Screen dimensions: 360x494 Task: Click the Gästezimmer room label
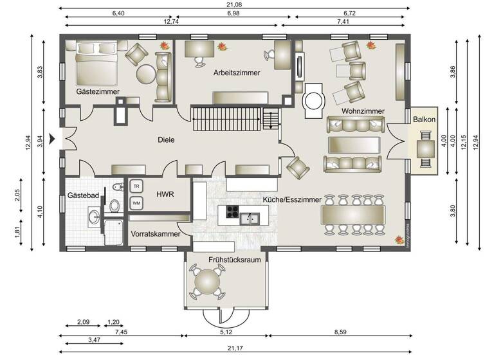point(96,93)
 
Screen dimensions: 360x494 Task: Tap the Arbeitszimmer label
point(237,73)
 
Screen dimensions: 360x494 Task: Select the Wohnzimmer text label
point(363,111)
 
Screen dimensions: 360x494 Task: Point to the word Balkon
point(425,120)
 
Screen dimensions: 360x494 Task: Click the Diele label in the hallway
point(167,139)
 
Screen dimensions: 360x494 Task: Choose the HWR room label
point(165,194)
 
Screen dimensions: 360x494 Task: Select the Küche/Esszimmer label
point(292,200)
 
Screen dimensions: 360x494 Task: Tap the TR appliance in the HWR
point(136,186)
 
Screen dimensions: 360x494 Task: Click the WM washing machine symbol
point(136,203)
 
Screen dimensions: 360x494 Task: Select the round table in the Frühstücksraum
point(208,282)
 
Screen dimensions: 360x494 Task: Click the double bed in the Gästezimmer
point(97,63)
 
